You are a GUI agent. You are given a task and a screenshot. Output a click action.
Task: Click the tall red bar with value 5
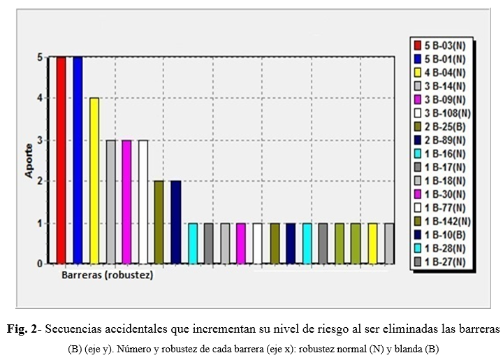(61, 160)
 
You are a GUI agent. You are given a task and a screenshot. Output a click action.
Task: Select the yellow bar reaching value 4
(94, 181)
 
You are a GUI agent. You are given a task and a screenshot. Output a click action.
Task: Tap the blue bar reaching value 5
(78, 160)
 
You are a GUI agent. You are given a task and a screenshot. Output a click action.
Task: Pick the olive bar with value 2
(159, 222)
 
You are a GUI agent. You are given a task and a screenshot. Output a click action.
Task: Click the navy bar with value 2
(175, 222)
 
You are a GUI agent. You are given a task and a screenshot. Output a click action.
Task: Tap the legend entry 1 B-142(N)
(444, 221)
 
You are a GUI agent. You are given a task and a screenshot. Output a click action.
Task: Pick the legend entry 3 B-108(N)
(444, 113)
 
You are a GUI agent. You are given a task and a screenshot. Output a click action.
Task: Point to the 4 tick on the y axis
(40, 99)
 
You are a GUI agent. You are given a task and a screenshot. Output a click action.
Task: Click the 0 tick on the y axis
(40, 264)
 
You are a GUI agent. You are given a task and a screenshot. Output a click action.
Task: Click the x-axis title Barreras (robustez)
(108, 275)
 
